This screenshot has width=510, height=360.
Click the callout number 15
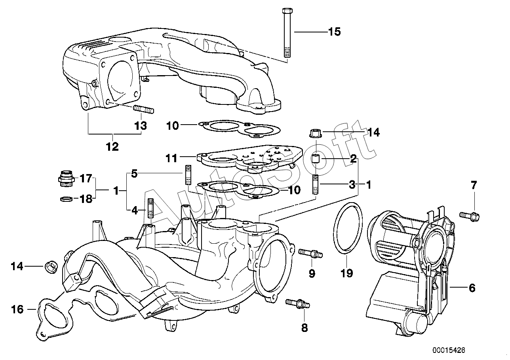tap(334, 32)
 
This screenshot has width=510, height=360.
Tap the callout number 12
tap(112, 147)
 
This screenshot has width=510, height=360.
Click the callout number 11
tap(171, 158)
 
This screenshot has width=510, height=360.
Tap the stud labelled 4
tap(151, 208)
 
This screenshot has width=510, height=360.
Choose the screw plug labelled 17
tap(66, 179)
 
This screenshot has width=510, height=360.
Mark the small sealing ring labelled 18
tap(67, 199)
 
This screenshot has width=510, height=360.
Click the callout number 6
tap(472, 288)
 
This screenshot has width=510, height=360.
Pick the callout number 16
tap(17, 309)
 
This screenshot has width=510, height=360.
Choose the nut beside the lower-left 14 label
tap(51, 267)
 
